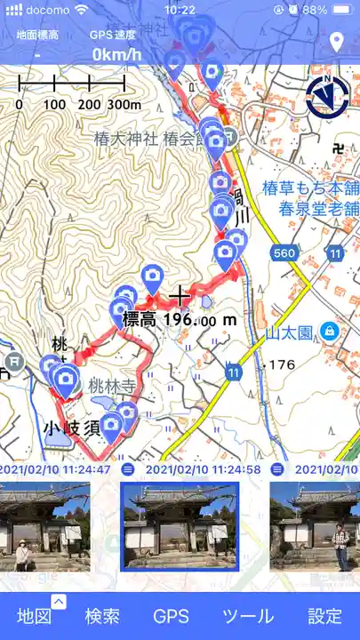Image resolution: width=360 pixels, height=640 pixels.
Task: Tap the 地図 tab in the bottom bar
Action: [x=35, y=616]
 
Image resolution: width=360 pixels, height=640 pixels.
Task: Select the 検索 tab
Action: [x=102, y=616]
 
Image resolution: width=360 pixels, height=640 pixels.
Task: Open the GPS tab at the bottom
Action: [x=171, y=616]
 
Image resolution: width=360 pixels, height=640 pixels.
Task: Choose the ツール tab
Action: [x=247, y=616]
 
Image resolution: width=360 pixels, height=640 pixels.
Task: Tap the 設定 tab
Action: [x=324, y=616]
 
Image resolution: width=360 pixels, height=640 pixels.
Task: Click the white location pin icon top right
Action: [x=336, y=42]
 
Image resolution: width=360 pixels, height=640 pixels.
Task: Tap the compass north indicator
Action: [x=327, y=97]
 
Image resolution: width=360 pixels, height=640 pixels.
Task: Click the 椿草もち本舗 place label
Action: [x=311, y=188]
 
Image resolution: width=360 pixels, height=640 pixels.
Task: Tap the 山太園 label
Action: [x=290, y=332]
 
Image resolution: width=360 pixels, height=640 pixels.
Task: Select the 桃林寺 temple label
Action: [x=111, y=386]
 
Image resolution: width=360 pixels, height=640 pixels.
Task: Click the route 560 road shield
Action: [x=284, y=254]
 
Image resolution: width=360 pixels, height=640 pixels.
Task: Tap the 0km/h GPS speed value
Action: [x=116, y=54]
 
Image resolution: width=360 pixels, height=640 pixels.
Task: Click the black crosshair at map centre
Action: [x=180, y=294]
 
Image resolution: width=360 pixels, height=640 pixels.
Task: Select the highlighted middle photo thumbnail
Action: [x=180, y=525]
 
